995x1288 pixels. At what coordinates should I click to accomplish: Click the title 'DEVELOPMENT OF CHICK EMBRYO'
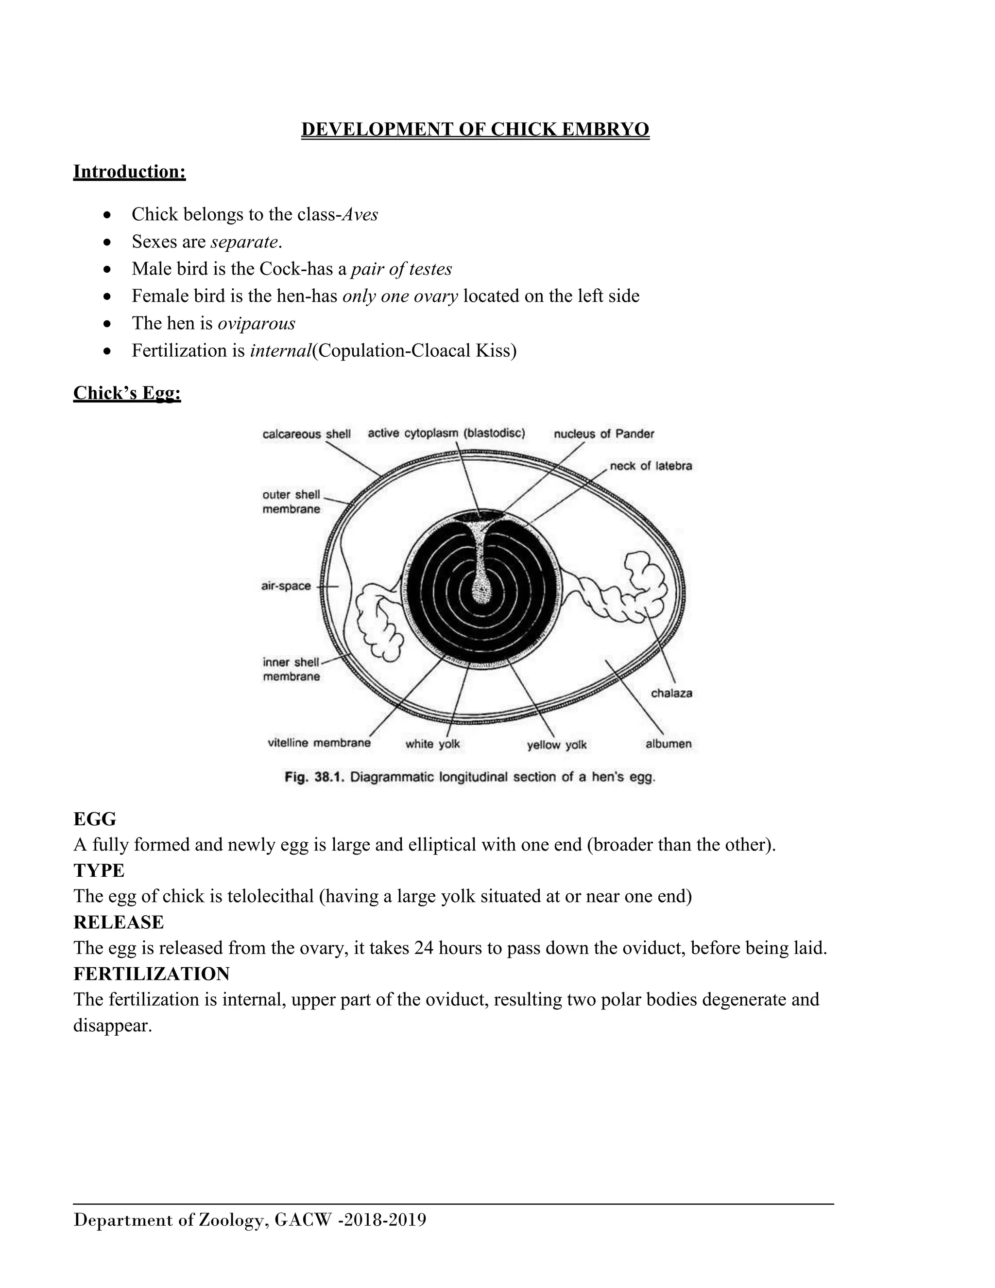(x=475, y=129)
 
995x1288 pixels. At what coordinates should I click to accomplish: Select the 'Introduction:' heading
(x=129, y=172)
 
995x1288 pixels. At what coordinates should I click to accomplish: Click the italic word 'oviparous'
(x=257, y=323)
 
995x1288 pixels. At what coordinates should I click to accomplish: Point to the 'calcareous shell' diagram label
(x=306, y=434)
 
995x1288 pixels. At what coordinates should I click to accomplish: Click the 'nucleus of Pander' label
(x=603, y=434)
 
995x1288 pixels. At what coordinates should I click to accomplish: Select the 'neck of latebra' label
(x=651, y=466)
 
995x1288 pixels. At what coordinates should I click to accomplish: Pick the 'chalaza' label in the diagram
(x=671, y=694)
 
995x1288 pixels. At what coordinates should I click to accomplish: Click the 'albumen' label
(x=669, y=744)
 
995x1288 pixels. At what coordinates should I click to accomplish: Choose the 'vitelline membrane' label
(x=319, y=743)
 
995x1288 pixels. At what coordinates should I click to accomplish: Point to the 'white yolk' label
(x=432, y=744)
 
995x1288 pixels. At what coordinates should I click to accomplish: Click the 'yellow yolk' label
(x=556, y=745)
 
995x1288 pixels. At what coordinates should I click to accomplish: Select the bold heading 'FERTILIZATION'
(x=152, y=973)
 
